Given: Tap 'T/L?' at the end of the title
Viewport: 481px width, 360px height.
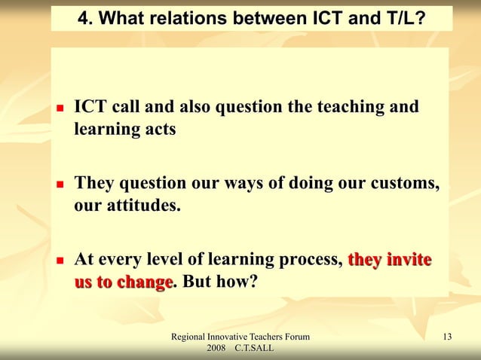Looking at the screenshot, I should point(402,17).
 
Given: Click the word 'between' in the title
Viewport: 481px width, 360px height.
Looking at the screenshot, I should point(262,17).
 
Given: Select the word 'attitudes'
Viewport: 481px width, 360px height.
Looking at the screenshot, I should point(144,206).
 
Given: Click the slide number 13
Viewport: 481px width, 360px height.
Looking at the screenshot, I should point(448,336).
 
